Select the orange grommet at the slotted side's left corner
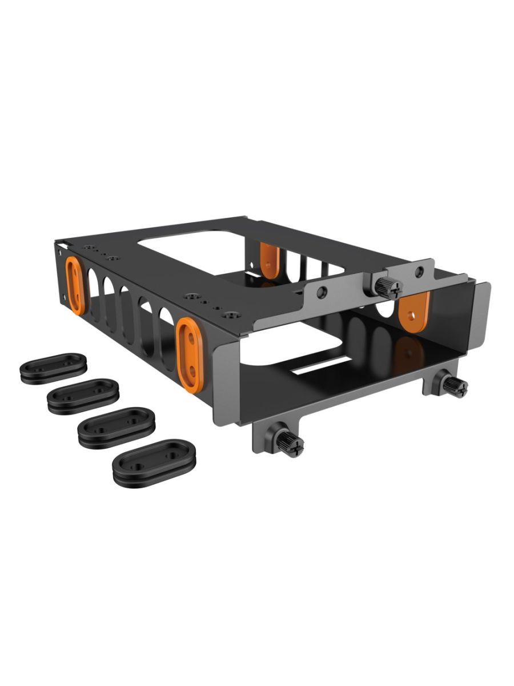point(75,285)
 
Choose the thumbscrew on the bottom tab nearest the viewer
point(291,444)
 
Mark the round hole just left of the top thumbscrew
point(323,292)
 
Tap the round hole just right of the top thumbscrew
point(420,272)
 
